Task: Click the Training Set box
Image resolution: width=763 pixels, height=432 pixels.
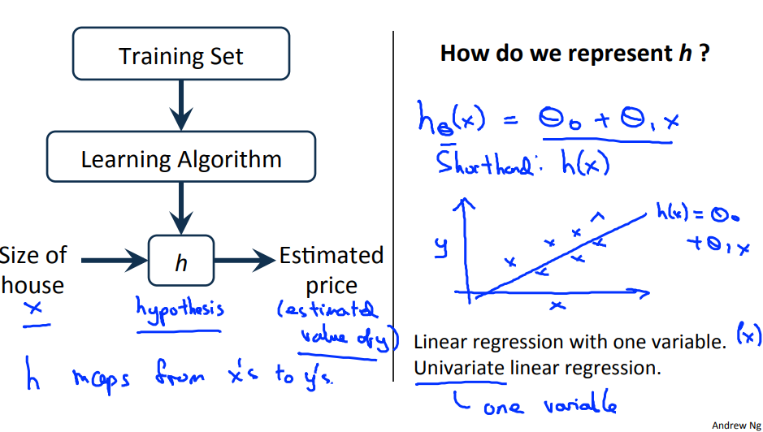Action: click(180, 56)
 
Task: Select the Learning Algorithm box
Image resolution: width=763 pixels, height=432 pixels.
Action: click(180, 158)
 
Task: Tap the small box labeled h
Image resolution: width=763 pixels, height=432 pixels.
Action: click(180, 261)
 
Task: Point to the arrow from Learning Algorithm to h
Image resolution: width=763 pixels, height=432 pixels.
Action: click(180, 210)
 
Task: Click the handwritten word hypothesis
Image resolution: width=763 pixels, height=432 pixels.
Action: click(180, 311)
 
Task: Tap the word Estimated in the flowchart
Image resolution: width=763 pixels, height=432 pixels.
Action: click(331, 256)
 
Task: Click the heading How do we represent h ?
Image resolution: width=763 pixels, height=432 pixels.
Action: click(574, 54)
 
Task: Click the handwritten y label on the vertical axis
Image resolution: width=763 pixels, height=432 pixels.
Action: click(442, 244)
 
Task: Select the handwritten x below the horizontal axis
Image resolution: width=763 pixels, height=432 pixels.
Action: click(557, 306)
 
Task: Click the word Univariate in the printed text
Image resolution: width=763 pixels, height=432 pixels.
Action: click(460, 368)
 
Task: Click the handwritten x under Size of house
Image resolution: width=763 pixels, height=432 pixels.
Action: click(33, 309)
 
